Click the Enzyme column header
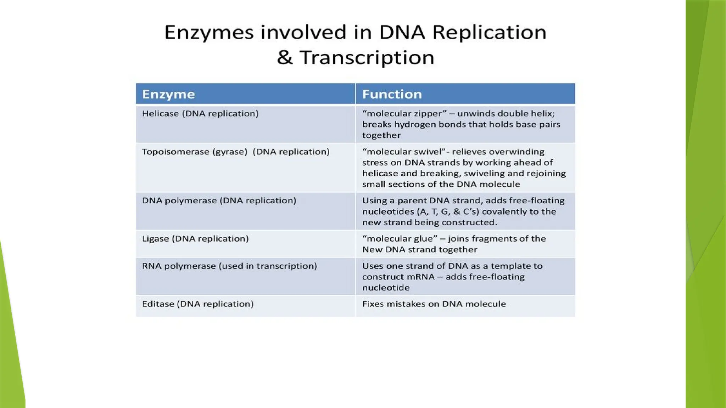point(168,94)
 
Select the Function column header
point(392,94)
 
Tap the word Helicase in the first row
point(160,114)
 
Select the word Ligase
point(155,239)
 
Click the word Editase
point(158,304)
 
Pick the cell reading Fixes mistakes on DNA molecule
point(434,304)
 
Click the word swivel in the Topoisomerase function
point(428,152)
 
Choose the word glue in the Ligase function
point(424,239)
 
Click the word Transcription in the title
point(367,57)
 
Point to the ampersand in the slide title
point(285,57)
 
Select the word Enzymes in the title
point(209,33)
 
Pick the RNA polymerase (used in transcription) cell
point(229,266)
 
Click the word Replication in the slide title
point(489,33)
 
